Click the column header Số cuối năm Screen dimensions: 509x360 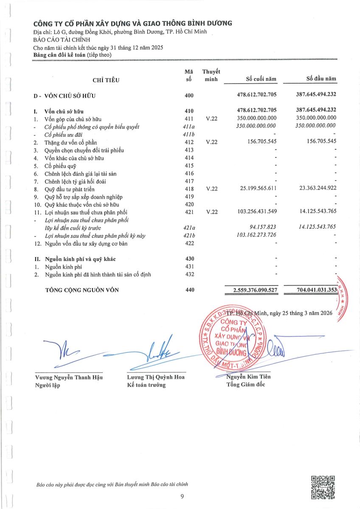click(x=261, y=79)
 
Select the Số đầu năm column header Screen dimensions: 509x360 click(x=321, y=78)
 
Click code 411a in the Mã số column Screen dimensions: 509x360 click(x=189, y=126)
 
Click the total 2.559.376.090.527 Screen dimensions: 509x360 click(x=249, y=290)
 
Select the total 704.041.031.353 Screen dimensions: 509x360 click(x=311, y=290)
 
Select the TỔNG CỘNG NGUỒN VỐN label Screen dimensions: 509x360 click(x=82, y=290)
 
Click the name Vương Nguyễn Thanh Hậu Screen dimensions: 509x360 click(x=69, y=377)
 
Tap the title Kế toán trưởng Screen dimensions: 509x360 click(x=146, y=385)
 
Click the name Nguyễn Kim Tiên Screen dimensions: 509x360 click(x=249, y=377)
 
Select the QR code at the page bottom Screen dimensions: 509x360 click(x=323, y=487)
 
